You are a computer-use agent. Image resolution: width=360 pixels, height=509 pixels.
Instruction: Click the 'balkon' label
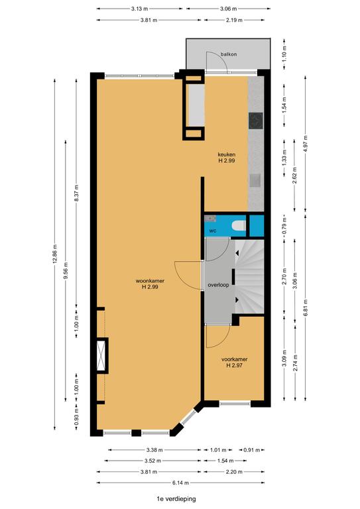click(x=229, y=54)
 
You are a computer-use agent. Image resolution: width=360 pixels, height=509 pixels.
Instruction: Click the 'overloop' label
click(x=219, y=285)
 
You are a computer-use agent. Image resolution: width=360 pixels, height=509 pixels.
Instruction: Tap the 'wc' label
click(x=213, y=231)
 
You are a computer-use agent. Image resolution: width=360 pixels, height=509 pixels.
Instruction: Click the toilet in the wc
click(x=239, y=225)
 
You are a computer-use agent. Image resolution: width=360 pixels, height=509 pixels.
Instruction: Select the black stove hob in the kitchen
click(x=255, y=121)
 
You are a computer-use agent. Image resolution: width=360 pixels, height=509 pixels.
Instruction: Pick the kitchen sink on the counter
click(x=255, y=181)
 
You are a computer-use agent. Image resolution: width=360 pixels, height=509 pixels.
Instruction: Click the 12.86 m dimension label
click(x=55, y=254)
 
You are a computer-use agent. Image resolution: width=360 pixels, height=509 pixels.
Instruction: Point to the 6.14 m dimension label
click(x=180, y=482)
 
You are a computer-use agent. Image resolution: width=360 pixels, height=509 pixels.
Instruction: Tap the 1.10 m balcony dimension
click(x=284, y=54)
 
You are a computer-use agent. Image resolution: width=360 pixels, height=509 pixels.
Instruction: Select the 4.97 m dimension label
click(x=305, y=143)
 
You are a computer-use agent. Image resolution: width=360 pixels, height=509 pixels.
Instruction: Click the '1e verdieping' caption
click(x=176, y=498)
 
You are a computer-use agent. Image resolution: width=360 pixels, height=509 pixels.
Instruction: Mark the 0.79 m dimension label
click(x=284, y=225)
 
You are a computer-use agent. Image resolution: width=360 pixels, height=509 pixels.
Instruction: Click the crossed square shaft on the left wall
click(x=102, y=355)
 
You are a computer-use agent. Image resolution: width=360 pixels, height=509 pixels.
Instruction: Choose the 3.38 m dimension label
click(x=154, y=450)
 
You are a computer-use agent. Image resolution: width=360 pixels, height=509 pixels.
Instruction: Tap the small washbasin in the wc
click(x=210, y=219)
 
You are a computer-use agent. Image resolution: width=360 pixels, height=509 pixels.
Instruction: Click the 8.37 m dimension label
click(x=77, y=193)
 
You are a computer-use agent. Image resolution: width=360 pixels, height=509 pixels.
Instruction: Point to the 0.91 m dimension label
click(x=252, y=450)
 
